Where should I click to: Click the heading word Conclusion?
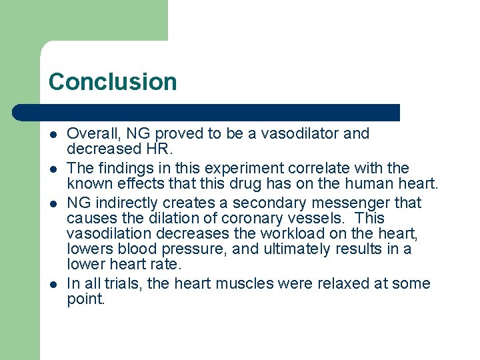pos(113,82)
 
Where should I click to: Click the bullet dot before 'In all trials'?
pos(53,284)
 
